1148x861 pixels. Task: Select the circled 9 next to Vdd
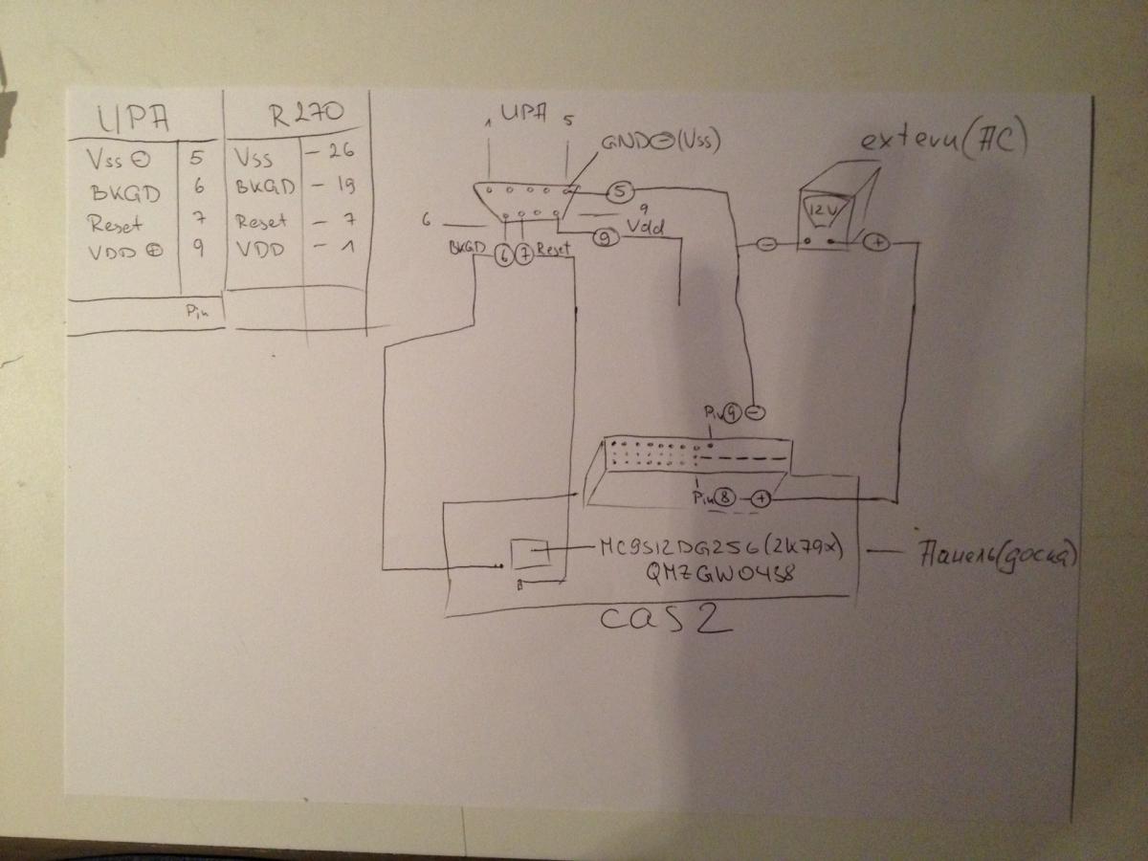coord(605,239)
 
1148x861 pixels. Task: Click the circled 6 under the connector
coord(504,253)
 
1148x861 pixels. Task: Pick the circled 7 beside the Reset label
coord(523,253)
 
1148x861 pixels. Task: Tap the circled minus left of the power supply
coord(766,244)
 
